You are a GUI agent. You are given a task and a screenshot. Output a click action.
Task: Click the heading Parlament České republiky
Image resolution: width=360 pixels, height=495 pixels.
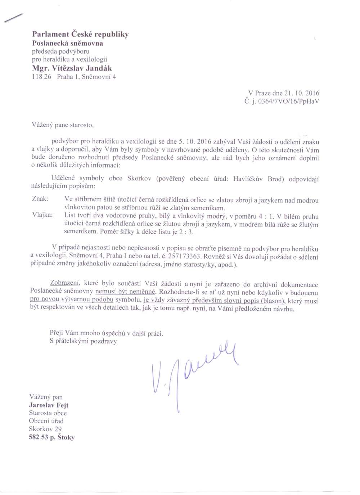click(80, 34)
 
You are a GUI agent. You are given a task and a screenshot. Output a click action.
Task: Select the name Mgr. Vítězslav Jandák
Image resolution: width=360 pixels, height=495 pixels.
click(72, 68)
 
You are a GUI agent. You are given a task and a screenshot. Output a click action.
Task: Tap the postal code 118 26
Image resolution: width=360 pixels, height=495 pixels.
click(42, 77)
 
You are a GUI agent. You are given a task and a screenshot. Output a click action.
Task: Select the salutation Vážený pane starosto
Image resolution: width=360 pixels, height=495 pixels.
click(63, 125)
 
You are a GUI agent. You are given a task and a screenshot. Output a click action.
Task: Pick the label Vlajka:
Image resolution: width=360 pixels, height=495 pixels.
click(42, 215)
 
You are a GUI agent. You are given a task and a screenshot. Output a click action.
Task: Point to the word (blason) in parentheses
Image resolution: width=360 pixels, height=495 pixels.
click(271, 301)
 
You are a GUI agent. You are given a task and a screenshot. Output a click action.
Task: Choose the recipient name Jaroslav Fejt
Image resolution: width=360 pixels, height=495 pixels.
click(49, 405)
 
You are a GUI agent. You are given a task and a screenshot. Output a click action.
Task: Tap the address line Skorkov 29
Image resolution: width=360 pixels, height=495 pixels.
click(45, 429)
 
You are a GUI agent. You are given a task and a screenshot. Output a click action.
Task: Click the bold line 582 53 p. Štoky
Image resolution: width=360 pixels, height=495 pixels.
click(51, 437)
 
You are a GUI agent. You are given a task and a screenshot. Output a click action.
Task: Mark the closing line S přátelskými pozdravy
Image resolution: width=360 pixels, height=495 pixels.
click(83, 341)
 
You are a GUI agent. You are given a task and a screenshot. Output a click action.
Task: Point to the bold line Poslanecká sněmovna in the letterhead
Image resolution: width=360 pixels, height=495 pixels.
click(68, 43)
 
